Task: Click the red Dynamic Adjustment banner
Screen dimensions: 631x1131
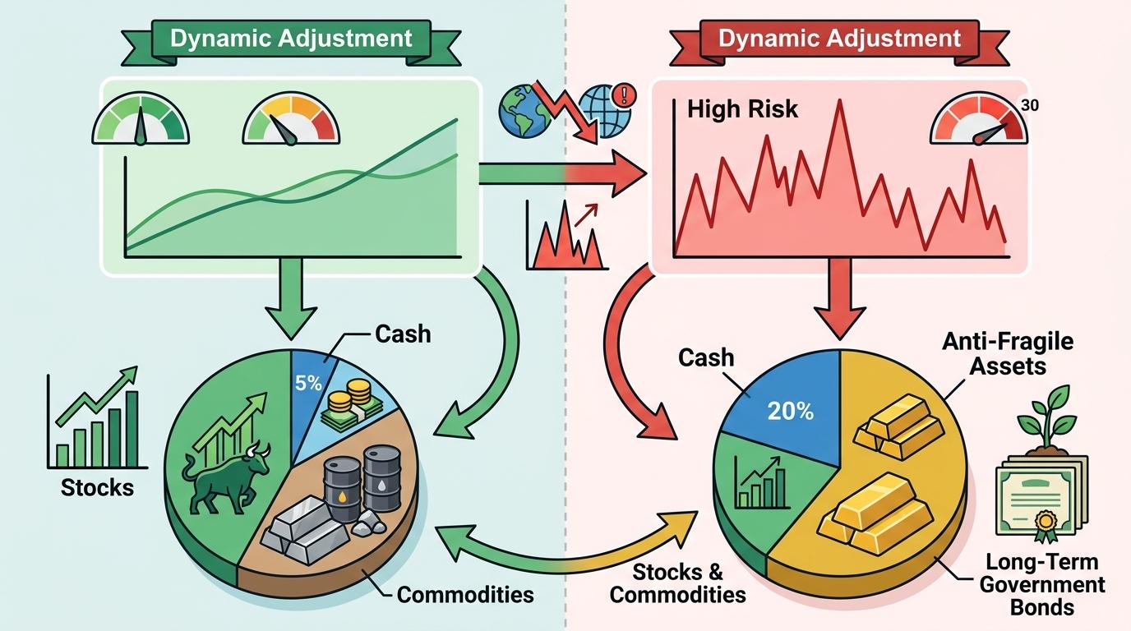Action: tap(839, 39)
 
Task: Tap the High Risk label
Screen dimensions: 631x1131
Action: tap(742, 108)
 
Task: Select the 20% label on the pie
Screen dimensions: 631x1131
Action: tap(791, 410)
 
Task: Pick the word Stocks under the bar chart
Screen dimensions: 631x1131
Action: tap(97, 487)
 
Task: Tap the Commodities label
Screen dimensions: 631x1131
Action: tap(465, 594)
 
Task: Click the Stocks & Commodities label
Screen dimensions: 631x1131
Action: tap(678, 583)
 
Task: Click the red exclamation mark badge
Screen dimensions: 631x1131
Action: tap(630, 93)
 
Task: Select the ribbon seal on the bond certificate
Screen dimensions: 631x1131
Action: tap(1046, 524)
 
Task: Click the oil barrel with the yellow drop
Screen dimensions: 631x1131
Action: tap(342, 488)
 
